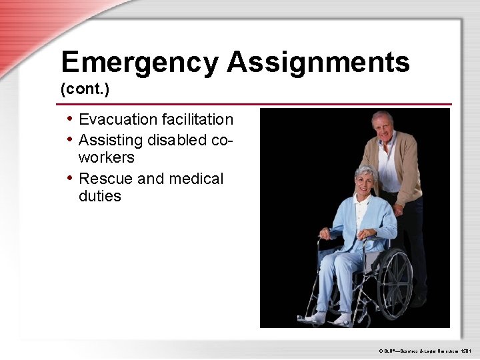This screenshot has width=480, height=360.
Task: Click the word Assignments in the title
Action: tap(318, 63)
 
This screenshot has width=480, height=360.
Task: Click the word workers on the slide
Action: tap(106, 158)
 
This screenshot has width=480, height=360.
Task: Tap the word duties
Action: tap(100, 197)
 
